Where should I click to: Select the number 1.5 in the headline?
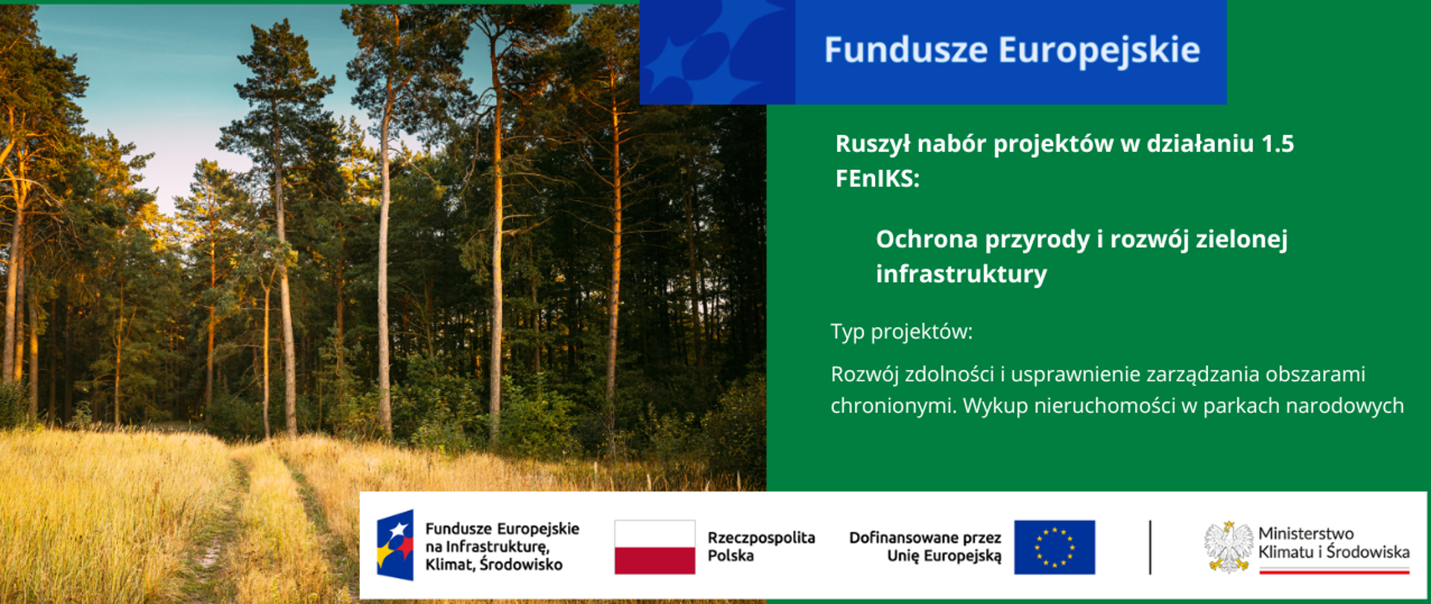click(x=1277, y=143)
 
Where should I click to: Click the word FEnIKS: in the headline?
click(x=877, y=179)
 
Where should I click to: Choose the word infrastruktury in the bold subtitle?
click(x=961, y=274)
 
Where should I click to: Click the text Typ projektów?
click(x=901, y=332)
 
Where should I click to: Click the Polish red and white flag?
click(x=654, y=547)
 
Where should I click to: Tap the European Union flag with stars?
click(x=1054, y=547)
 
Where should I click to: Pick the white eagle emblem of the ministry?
click(x=1228, y=547)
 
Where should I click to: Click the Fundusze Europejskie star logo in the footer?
click(x=395, y=546)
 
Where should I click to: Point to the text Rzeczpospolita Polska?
click(x=760, y=547)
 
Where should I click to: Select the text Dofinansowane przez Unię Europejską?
click(x=925, y=547)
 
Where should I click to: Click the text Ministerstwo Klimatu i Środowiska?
click(x=1333, y=543)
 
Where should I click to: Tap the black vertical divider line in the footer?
click(x=1150, y=547)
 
